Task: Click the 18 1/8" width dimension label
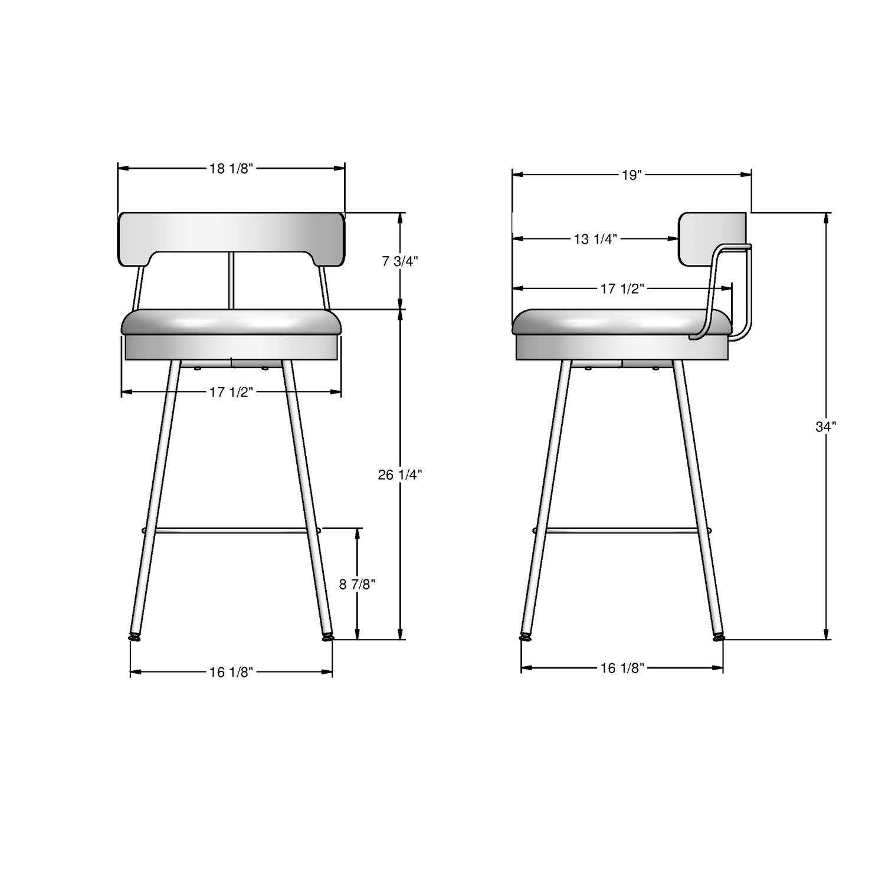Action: point(231,169)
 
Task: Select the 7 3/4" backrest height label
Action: point(400,261)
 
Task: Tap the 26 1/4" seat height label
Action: point(400,474)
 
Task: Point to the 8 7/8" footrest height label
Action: point(357,584)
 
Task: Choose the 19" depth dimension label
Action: point(631,175)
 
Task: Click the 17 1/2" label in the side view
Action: point(622,289)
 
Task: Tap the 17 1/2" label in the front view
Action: point(231,392)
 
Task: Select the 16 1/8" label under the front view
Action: point(231,672)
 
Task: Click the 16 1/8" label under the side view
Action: point(622,668)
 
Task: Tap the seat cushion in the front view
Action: point(231,323)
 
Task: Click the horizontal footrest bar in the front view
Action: point(231,530)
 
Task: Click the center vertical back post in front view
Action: point(231,280)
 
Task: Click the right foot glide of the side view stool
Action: point(718,637)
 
